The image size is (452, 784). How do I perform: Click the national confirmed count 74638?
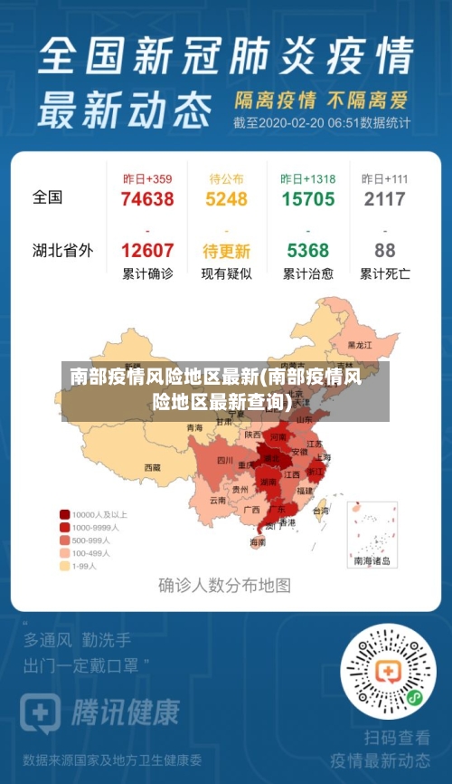[147, 199]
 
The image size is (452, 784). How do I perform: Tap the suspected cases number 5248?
[226, 199]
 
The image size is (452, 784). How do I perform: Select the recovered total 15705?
[307, 199]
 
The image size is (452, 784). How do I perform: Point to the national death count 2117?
[384, 199]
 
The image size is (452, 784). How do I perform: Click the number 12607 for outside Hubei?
[147, 251]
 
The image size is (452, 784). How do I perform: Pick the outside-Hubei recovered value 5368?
[307, 251]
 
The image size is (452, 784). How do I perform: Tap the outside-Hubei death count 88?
[384, 251]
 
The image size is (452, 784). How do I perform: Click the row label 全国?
[48, 197]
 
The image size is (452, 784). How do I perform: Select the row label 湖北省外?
[62, 250]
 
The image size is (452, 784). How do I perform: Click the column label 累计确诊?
[147, 273]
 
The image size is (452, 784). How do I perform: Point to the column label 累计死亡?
[384, 273]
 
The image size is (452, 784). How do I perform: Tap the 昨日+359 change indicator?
[147, 179]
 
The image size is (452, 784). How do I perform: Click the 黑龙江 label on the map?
[360, 345]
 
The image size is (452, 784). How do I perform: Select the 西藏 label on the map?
[152, 468]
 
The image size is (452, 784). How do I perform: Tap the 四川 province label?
[225, 461]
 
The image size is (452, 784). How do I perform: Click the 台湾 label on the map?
[321, 511]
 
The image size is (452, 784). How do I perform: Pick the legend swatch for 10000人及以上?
[65, 513]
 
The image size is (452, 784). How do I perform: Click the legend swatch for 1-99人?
[65, 566]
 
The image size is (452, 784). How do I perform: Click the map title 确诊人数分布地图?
[225, 585]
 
